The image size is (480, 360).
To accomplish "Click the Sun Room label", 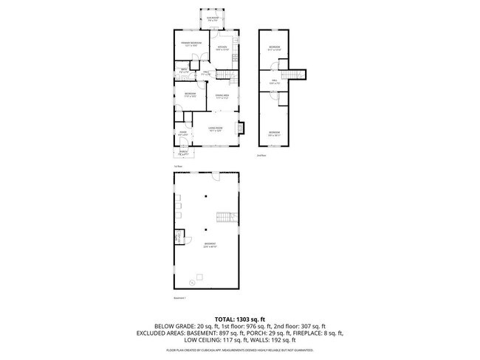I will (212, 20).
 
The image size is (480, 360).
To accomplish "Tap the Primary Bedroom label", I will (191, 45).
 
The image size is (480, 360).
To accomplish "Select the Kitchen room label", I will (222, 49).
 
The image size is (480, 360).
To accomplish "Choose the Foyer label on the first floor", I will (182, 134).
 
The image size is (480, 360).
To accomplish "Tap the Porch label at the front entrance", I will (182, 154).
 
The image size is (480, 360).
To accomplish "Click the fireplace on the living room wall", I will (237, 126).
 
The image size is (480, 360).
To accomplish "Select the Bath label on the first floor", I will (182, 71).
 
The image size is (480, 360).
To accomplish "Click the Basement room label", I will (210, 246).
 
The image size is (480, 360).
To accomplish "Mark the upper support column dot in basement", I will (208, 196).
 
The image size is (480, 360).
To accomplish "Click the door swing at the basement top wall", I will (216, 176).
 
